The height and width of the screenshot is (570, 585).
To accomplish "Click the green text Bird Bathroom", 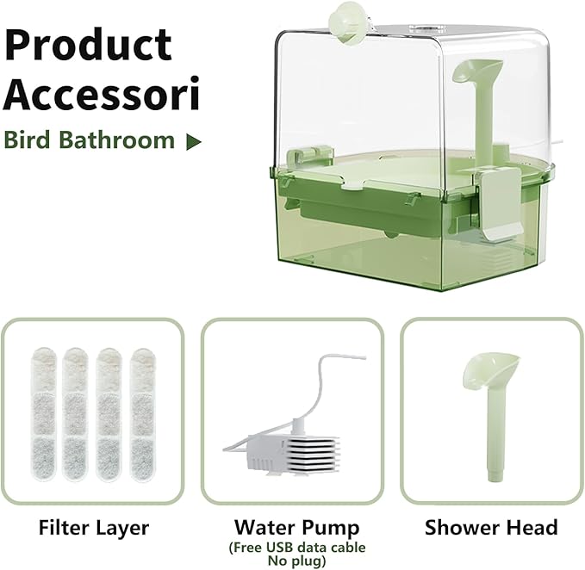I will (89, 139).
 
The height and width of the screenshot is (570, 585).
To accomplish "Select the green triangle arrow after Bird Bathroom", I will (194, 141).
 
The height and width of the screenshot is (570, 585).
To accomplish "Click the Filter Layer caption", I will (93, 527).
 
